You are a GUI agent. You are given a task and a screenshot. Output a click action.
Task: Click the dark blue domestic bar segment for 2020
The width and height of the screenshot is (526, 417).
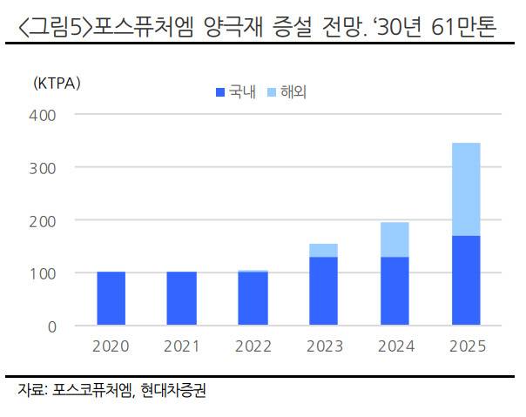pos(111,299)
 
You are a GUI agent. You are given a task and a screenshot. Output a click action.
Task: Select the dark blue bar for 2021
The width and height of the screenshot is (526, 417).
pos(181,299)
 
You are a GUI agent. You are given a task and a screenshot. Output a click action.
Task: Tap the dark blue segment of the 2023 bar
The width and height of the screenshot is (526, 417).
pos(322,291)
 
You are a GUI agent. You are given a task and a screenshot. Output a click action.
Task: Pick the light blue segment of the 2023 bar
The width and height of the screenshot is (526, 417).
pos(322,250)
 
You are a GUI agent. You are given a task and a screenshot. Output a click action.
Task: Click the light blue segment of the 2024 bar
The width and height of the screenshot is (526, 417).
pos(394,239)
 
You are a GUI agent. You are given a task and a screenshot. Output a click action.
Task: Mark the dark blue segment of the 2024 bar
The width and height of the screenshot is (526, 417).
pos(394,291)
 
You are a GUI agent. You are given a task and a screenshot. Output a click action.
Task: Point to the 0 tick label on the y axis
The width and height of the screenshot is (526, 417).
pos(52,326)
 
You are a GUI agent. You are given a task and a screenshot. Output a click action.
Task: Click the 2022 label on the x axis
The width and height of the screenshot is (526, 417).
pos(252,346)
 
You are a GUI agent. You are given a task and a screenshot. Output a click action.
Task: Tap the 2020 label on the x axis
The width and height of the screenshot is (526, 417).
pos(111,346)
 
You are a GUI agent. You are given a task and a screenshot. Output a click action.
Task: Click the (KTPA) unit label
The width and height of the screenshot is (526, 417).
pos(56,84)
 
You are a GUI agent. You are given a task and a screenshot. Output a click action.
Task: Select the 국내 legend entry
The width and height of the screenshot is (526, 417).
pos(235,91)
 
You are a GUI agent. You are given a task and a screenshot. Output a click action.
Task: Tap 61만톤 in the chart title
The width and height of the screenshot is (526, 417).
pos(462,27)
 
